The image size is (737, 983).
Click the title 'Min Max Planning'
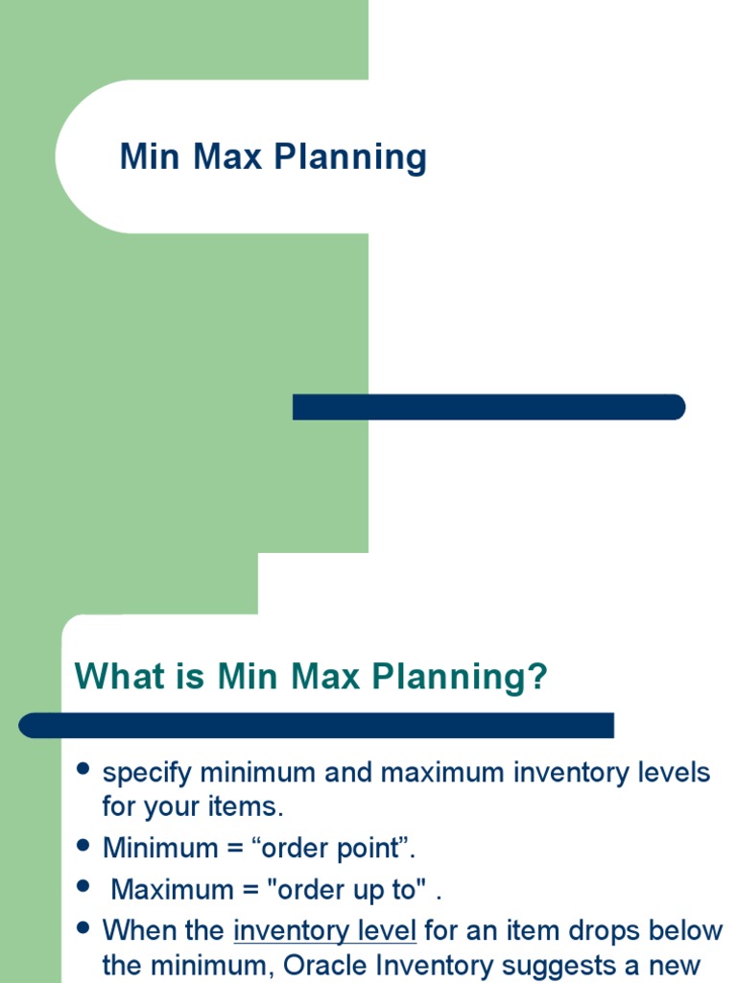pyautogui.click(x=273, y=157)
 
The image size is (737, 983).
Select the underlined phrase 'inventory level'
pyautogui.click(x=324, y=930)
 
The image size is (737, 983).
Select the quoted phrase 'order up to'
pyautogui.click(x=350, y=890)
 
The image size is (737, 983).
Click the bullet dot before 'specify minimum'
pyautogui.click(x=83, y=770)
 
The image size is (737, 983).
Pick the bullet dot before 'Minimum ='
pyautogui.click(x=83, y=847)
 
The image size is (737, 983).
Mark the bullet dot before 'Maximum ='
pyautogui.click(x=83, y=887)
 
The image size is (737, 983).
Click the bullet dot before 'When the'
pyautogui.click(x=83, y=928)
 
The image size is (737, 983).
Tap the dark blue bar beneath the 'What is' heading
pyautogui.click(x=317, y=725)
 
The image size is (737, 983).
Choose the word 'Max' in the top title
pyautogui.click(x=229, y=157)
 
